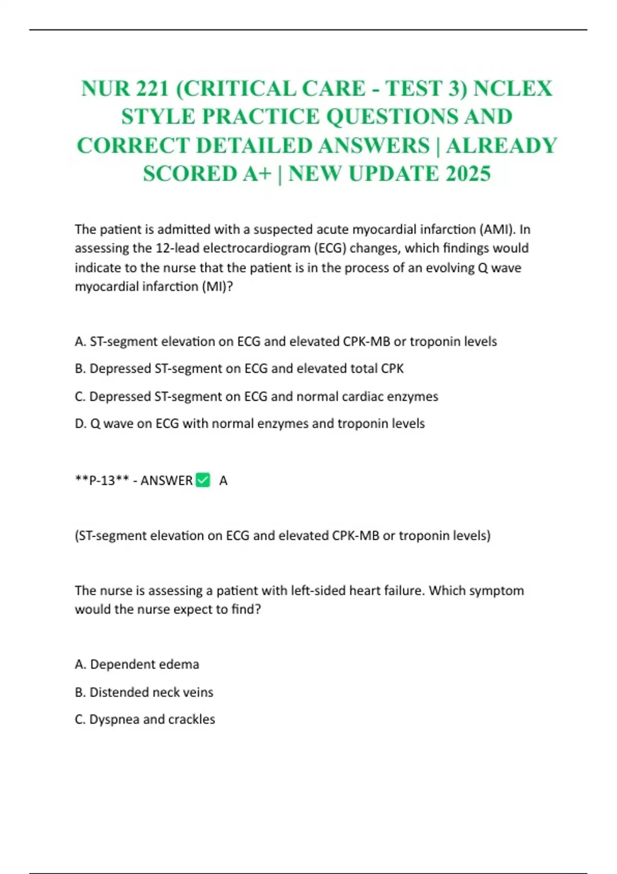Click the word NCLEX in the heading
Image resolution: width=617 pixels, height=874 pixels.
(513, 88)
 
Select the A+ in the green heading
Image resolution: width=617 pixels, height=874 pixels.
(258, 174)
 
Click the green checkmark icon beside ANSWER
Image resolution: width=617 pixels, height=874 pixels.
(203, 480)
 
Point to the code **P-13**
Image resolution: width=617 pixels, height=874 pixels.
(102, 481)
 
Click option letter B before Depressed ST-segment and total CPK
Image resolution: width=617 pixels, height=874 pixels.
(80, 369)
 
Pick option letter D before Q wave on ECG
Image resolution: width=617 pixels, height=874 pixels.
(80, 424)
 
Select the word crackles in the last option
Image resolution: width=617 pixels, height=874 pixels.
(191, 719)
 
